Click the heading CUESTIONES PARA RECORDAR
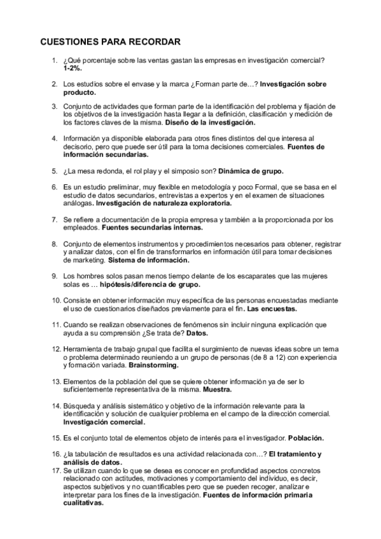click(111, 42)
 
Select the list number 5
click(55, 172)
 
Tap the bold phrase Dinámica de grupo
click(251, 172)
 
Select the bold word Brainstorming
click(153, 365)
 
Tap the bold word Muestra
click(217, 389)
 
